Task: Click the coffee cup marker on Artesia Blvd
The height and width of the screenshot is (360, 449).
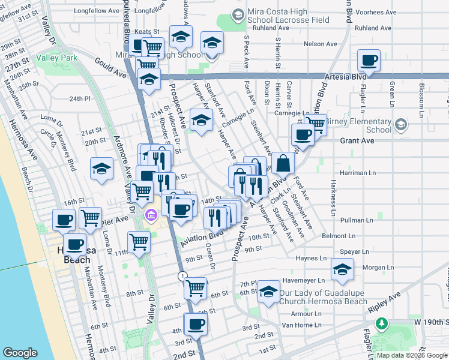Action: [x=369, y=60]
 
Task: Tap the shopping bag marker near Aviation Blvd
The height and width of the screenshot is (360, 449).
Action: [x=283, y=162]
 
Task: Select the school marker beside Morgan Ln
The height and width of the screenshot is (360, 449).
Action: [x=342, y=269]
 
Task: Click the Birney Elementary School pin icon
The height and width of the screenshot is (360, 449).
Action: [x=401, y=125]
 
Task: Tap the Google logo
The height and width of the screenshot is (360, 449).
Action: [x=20, y=353]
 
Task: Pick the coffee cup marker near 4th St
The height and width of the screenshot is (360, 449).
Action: [x=195, y=325]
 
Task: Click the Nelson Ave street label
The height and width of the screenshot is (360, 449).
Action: [x=321, y=44]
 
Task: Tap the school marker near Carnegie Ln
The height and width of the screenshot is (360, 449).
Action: [x=201, y=120]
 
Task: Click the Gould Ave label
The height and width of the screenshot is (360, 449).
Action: [x=110, y=66]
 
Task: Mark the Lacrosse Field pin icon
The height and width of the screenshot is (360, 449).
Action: [x=237, y=14]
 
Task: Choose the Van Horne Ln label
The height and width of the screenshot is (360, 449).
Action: [x=301, y=325]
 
